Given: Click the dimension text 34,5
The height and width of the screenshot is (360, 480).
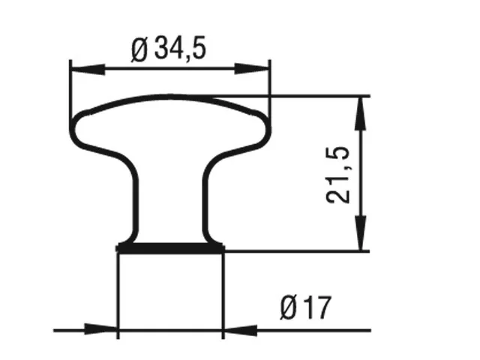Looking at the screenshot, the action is coord(180,49).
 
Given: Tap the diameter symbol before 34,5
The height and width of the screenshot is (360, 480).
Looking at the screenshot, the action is coord(139,50).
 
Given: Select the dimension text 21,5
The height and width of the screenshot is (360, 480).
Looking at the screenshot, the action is coord(337,175).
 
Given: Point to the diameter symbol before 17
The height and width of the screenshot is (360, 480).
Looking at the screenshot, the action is coord(289,308).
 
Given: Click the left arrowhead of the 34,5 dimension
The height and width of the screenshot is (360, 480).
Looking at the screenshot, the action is coord(88,70).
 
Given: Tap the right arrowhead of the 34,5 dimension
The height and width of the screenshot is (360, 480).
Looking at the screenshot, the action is coord(252,69).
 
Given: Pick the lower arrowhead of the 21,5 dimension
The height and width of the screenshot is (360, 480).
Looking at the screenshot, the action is coord(361,233).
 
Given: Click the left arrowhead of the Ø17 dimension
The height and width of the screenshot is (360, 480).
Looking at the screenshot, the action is coord(100,329).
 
